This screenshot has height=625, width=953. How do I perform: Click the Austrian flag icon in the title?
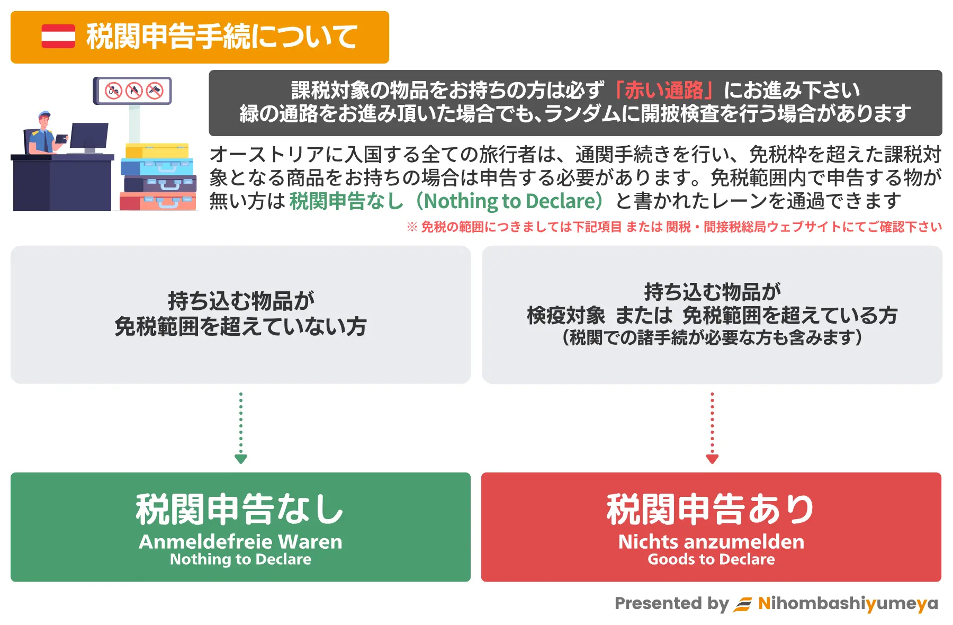(x=58, y=37)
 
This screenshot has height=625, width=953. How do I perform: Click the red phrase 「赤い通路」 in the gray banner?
(x=663, y=91)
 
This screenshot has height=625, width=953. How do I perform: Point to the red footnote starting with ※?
(x=674, y=227)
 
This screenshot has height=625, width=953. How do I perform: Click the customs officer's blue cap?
(x=44, y=114)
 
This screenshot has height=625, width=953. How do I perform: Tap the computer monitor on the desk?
(x=89, y=137)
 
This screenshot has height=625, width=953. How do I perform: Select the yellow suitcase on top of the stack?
(x=157, y=151)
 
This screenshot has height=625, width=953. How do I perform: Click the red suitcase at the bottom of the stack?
(x=158, y=201)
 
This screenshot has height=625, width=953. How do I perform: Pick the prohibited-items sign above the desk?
(x=132, y=91)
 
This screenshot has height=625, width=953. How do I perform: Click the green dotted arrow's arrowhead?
(x=241, y=459)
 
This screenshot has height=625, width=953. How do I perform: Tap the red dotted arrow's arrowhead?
(x=712, y=459)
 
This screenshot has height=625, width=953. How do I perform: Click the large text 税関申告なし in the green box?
(x=240, y=510)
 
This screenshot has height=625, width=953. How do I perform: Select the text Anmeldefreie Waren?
(x=240, y=542)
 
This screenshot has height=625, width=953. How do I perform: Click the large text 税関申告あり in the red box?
(x=711, y=510)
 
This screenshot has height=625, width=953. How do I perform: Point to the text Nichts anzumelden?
(x=711, y=542)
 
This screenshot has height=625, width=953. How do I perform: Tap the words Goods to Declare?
(x=711, y=559)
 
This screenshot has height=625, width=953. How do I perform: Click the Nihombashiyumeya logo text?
(x=848, y=604)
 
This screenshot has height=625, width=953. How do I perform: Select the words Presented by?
(x=672, y=604)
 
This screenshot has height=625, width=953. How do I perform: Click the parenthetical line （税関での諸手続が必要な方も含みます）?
(x=712, y=337)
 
